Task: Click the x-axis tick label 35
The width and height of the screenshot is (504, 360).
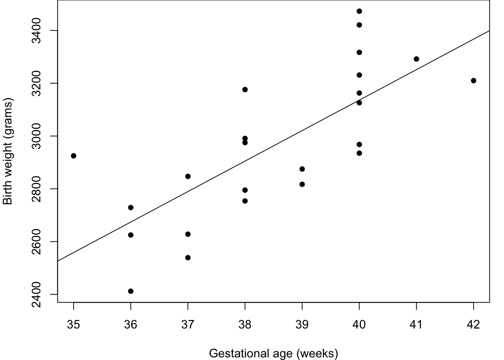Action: pyautogui.click(x=73, y=325)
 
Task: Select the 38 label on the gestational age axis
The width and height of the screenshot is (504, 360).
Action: pyautogui.click(x=245, y=325)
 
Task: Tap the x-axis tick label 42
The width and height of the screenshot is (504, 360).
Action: pyautogui.click(x=473, y=325)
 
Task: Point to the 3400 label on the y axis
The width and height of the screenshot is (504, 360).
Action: pyautogui.click(x=36, y=31)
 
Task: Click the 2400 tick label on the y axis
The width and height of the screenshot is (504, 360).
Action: pyautogui.click(x=36, y=294)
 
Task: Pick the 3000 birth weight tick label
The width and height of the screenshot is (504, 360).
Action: pyautogui.click(x=36, y=136)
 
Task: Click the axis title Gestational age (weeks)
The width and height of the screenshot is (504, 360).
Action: pyautogui.click(x=274, y=354)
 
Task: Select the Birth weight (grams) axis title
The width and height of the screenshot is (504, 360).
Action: pyautogui.click(x=7, y=151)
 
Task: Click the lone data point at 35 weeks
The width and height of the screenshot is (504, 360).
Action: pyautogui.click(x=73, y=156)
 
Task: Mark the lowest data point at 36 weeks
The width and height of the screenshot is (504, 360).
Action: pyautogui.click(x=131, y=291)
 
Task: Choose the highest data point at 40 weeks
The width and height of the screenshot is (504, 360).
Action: pyautogui.click(x=359, y=11)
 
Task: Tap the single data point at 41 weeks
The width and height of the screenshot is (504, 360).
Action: pyautogui.click(x=417, y=59)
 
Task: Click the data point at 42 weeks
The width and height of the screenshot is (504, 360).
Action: pyautogui.click(x=474, y=81)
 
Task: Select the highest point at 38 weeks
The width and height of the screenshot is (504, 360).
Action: pyautogui.click(x=245, y=90)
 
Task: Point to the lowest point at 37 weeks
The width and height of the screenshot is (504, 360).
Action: pyautogui.click(x=188, y=258)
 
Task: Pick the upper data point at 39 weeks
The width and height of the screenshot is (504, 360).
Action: pyautogui.click(x=302, y=169)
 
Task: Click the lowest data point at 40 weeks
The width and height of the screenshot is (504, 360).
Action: pyautogui.click(x=359, y=153)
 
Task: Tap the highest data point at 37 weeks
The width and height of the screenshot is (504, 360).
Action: pyautogui.click(x=188, y=176)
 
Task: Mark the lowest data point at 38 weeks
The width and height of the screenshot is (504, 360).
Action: pyautogui.click(x=245, y=201)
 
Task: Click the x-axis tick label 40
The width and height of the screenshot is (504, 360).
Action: pyautogui.click(x=359, y=325)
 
